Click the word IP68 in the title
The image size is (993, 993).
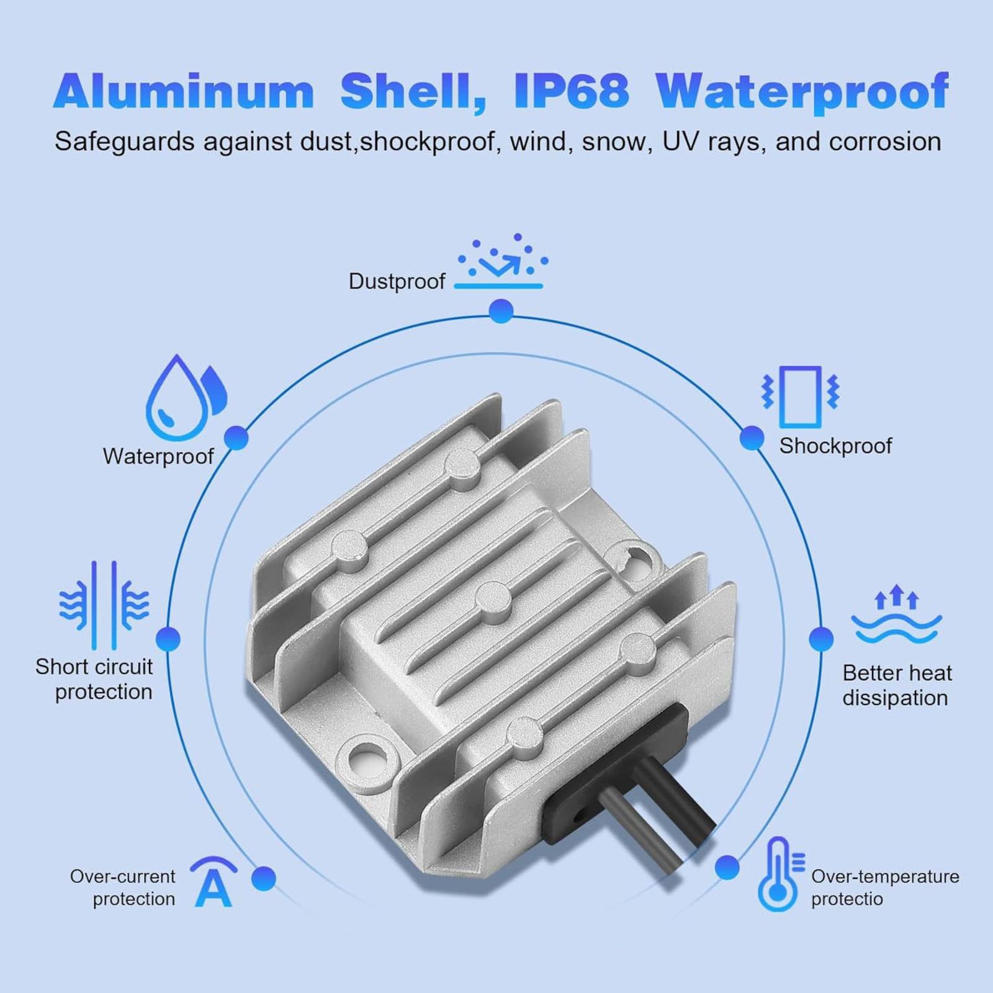pos(571,91)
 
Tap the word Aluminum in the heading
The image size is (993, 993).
pos(184,91)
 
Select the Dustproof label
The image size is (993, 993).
pos(397,281)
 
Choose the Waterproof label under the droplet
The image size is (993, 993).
pos(158,456)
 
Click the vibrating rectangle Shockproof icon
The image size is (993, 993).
pos(801,397)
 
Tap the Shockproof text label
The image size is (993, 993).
pos(835,446)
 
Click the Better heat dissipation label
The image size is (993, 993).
pos(897,685)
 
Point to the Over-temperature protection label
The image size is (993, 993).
pos(885,887)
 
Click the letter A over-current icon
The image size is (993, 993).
pos(214,882)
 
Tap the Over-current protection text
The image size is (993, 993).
pos(123,887)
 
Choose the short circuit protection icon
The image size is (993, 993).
pos(104,605)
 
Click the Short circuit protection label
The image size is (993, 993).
pos(94,679)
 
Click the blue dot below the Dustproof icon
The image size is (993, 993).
pos(501,311)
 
